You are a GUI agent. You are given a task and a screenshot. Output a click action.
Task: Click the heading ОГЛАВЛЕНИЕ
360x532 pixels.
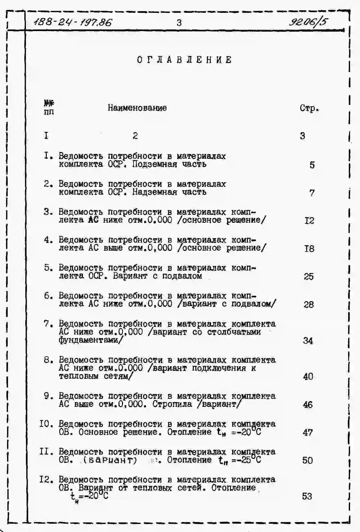tap(184, 60)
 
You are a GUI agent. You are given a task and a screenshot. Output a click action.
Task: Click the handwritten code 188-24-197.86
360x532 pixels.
tap(73, 23)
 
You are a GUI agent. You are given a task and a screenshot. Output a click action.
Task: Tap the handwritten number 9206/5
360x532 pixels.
tap(308, 22)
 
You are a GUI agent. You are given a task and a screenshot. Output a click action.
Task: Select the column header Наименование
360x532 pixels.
tap(137, 108)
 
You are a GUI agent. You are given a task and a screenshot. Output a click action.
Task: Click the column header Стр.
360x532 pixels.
tap(309, 108)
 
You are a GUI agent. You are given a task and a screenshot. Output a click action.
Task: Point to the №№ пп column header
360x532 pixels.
tap(49, 107)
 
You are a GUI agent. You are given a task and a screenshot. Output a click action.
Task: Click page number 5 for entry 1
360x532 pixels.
tap(312, 165)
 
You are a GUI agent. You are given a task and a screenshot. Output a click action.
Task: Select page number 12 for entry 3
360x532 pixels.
tap(309, 221)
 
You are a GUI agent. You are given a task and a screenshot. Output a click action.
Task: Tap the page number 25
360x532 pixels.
tap(308, 276)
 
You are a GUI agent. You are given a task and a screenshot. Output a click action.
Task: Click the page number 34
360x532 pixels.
tap(308, 341)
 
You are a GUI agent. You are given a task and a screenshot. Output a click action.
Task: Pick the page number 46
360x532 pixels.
tap(308, 405)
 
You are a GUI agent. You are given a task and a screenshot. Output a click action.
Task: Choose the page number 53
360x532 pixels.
tap(307, 496)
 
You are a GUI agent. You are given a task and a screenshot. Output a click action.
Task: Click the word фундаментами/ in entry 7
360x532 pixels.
tap(90, 340)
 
